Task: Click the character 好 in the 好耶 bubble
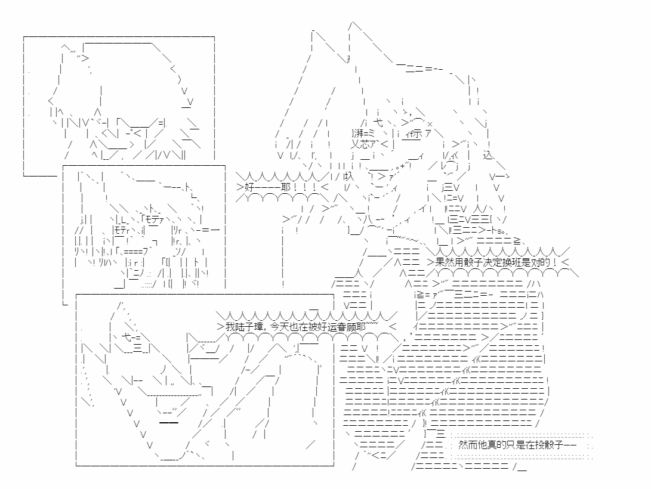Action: coord(249,187)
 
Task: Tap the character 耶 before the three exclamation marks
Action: coord(286,187)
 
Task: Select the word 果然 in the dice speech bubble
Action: coord(444,262)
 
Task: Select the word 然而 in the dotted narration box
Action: coord(467,445)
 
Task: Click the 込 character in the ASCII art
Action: coord(488,155)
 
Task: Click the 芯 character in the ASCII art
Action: coord(365,144)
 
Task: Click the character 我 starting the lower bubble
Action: coord(230,327)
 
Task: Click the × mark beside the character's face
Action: coord(430,124)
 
